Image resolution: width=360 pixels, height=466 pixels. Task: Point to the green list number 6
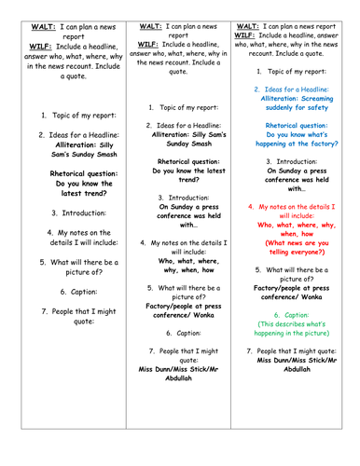click(275, 314)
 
